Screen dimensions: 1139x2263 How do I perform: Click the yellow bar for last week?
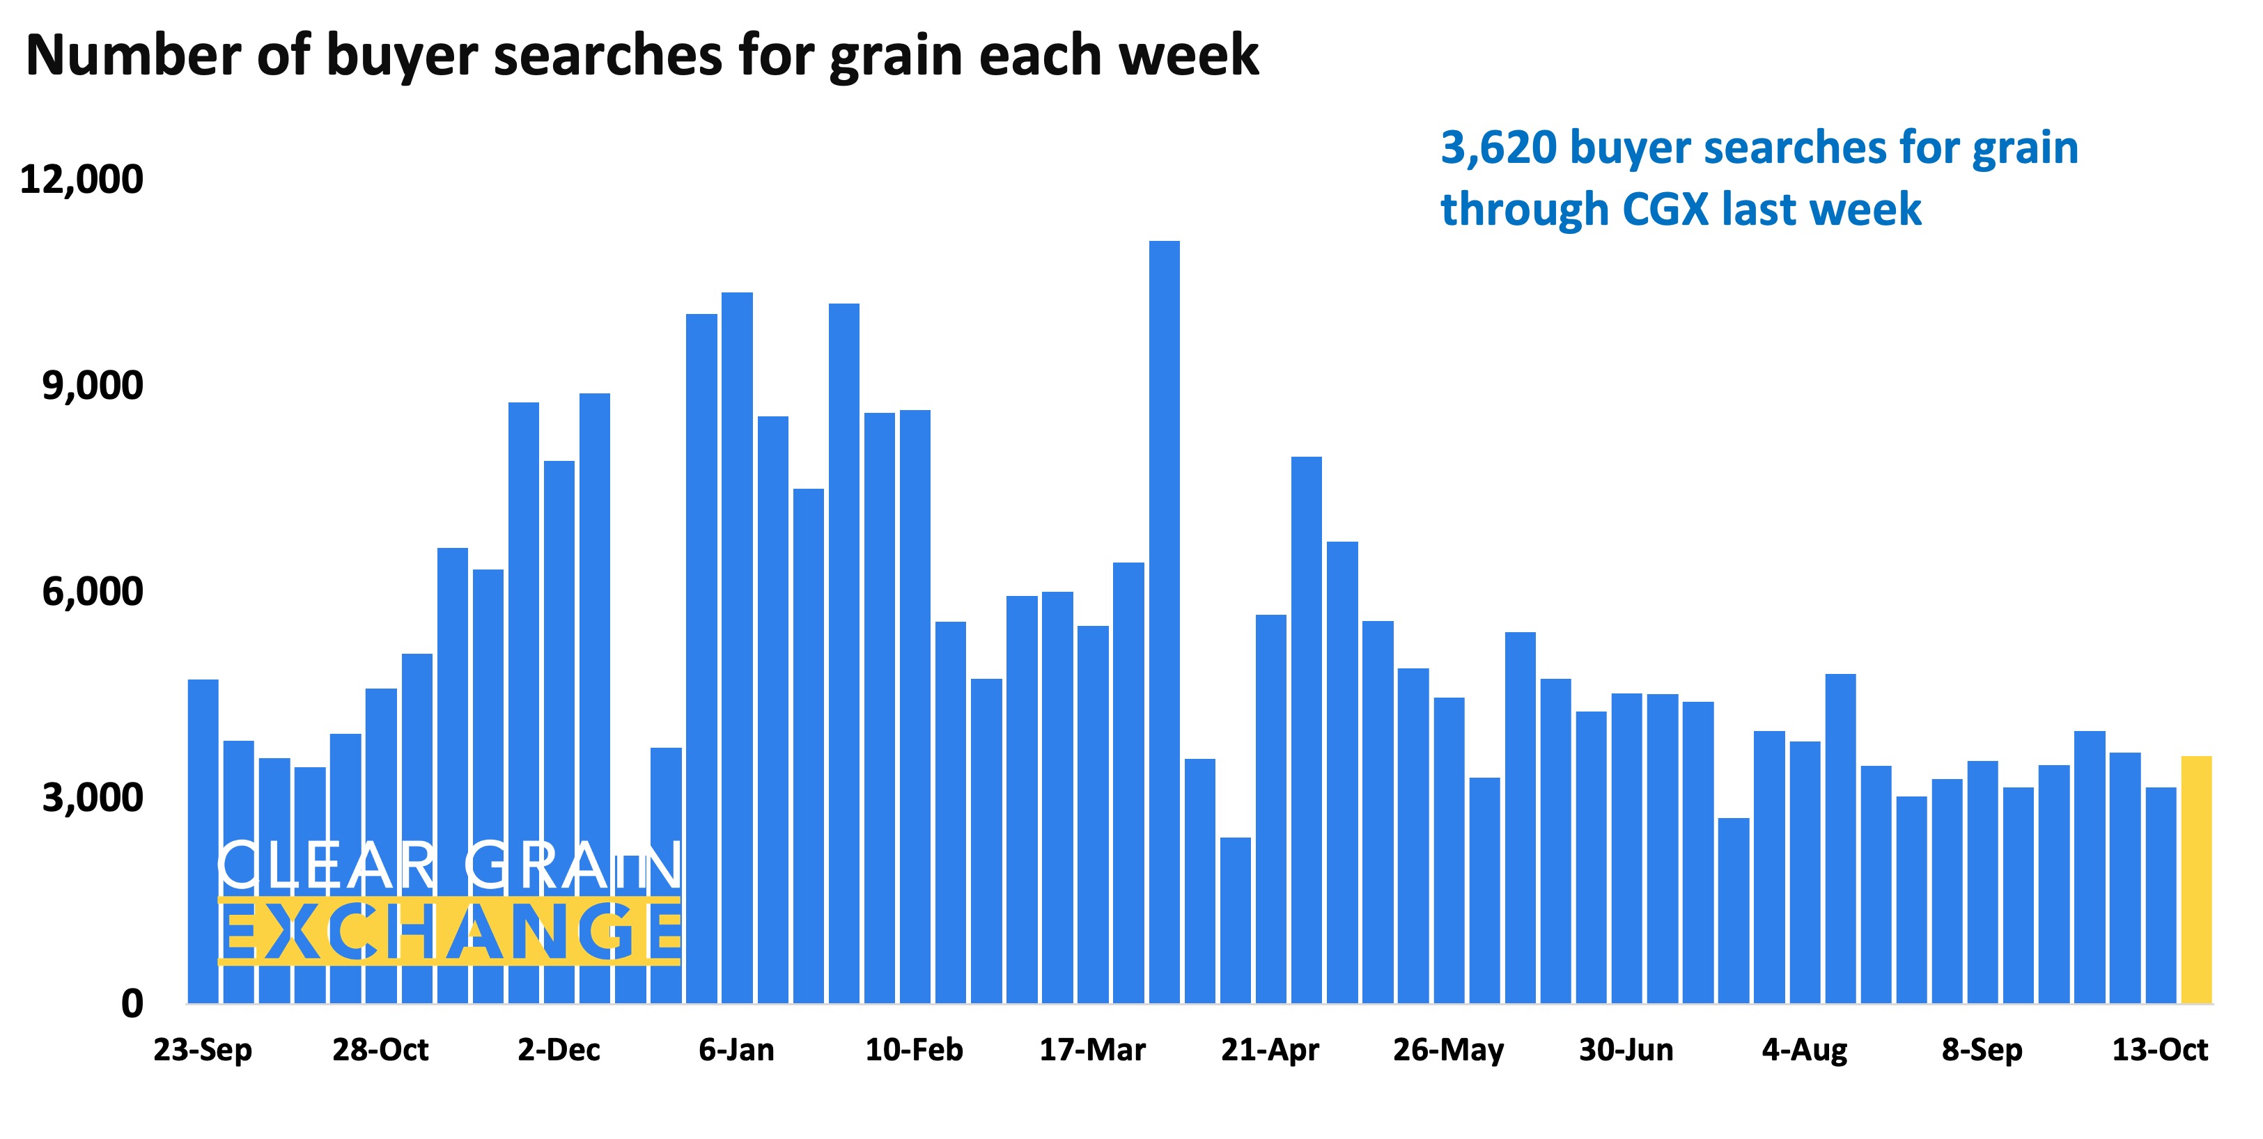tap(2195, 878)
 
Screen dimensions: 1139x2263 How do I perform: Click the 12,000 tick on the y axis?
tap(81, 179)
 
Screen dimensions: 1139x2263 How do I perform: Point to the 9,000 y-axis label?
tap(92, 386)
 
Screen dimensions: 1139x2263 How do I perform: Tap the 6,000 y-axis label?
tap(92, 592)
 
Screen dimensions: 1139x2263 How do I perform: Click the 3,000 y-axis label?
tap(92, 797)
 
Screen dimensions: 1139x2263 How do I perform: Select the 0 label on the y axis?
tap(132, 1003)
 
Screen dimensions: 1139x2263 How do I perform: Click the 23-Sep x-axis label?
tap(203, 1049)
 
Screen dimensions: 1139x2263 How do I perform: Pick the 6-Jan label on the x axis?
tap(736, 1049)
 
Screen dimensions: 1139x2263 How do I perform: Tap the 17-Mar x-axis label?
tap(1092, 1049)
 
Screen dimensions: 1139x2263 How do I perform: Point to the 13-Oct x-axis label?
tap(2159, 1049)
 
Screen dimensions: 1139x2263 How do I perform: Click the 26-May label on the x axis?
tap(1448, 1049)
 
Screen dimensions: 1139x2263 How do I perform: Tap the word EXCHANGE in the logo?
tap(450, 931)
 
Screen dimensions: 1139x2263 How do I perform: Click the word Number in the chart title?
tap(132, 54)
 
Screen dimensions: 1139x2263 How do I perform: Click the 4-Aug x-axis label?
tap(1805, 1049)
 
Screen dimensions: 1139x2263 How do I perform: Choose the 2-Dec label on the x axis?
tap(559, 1049)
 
